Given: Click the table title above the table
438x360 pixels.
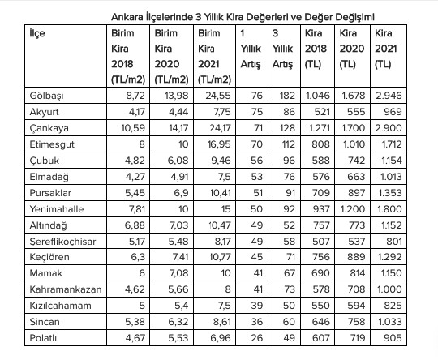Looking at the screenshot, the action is click(243, 17).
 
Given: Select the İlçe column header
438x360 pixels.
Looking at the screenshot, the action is click(37, 33).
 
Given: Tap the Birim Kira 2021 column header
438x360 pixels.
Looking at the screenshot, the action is click(214, 57).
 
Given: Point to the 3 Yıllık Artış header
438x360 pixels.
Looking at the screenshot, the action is click(282, 49).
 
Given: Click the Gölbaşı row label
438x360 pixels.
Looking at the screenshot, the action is click(47, 96).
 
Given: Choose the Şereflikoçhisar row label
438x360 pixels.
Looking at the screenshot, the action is click(62, 242).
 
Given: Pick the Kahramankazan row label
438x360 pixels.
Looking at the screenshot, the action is click(66, 289).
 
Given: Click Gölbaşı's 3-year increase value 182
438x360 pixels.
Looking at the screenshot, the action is click(287, 96).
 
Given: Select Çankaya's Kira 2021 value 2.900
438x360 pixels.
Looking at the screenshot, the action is click(389, 128).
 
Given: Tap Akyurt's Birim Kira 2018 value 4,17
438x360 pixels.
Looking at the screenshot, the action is click(137, 112).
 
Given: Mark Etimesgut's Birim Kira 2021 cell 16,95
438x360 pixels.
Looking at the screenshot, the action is click(219, 144).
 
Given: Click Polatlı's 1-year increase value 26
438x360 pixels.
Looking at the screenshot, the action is click(256, 338).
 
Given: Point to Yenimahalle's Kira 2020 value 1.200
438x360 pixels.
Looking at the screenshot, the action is click(352, 209).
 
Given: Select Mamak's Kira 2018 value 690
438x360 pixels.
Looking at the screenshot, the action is click(320, 273).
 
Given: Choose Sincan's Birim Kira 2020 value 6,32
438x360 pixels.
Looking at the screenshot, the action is click(178, 322).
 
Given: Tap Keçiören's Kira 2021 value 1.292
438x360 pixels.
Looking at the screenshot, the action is click(389, 257).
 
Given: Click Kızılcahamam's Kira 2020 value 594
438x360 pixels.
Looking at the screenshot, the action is click(356, 306).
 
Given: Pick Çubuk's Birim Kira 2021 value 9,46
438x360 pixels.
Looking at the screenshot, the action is click(221, 161).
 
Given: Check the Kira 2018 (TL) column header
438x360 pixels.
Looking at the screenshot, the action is click(316, 49).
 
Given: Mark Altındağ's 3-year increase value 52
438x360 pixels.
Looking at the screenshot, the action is click(289, 225).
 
